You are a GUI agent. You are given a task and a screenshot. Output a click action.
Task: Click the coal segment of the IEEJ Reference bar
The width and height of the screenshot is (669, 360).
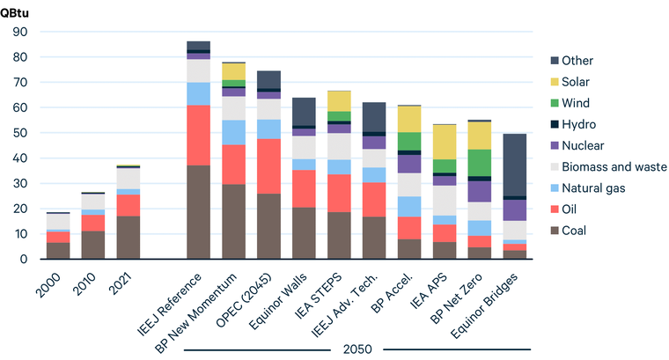(x=198, y=212)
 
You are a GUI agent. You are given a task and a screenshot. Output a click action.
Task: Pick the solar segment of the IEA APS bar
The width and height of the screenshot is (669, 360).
(x=444, y=142)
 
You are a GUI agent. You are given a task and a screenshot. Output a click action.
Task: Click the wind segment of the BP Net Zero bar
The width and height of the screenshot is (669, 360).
(x=480, y=163)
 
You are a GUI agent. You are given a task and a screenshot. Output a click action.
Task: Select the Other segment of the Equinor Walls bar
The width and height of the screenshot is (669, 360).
(x=304, y=112)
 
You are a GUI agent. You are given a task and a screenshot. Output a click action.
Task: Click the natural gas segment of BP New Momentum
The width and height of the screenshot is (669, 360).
(x=233, y=132)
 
